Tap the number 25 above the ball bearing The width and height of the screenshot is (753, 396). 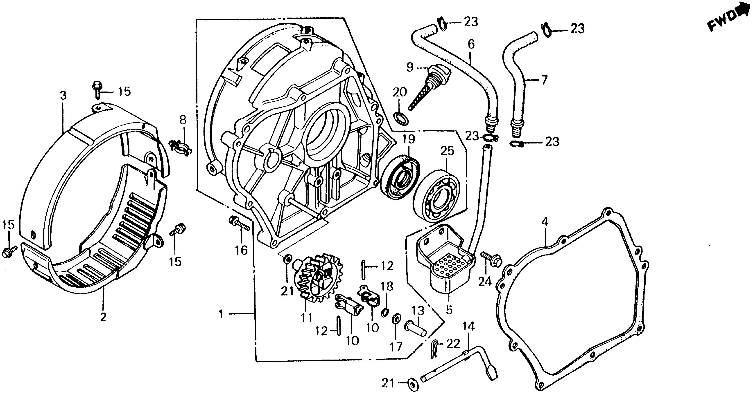click(447, 151)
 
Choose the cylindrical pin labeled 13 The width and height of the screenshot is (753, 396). click(415, 329)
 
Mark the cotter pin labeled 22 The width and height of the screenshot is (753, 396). click(435, 348)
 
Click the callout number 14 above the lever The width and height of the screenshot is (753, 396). click(469, 327)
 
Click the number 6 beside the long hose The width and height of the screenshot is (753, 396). click(471, 44)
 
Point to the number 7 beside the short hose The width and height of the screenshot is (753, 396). click(543, 80)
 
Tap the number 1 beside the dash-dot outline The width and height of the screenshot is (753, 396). click(221, 314)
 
